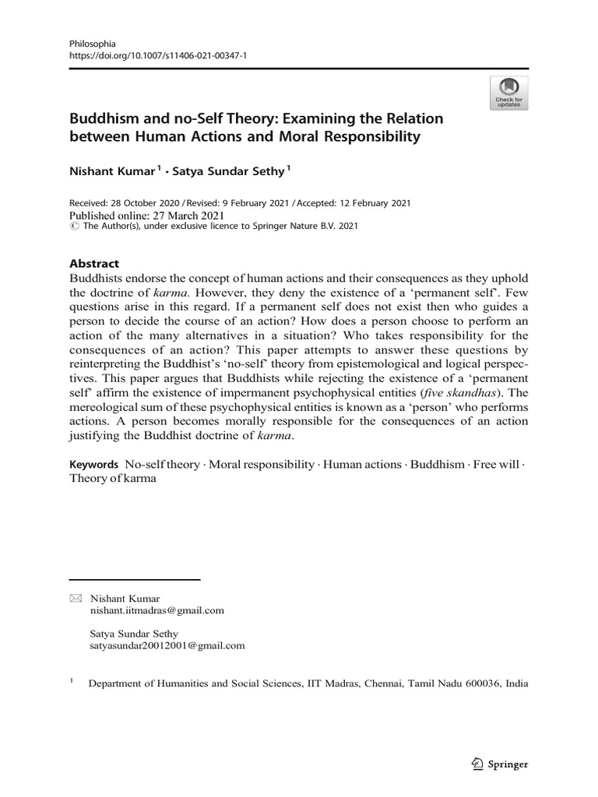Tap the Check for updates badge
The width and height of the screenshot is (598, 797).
tap(509, 93)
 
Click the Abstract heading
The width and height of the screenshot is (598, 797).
tap(96, 264)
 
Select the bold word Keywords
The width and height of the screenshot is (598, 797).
tap(94, 462)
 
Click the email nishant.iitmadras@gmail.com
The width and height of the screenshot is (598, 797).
tap(157, 611)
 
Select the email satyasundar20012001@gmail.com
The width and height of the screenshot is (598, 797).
tap(167, 645)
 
